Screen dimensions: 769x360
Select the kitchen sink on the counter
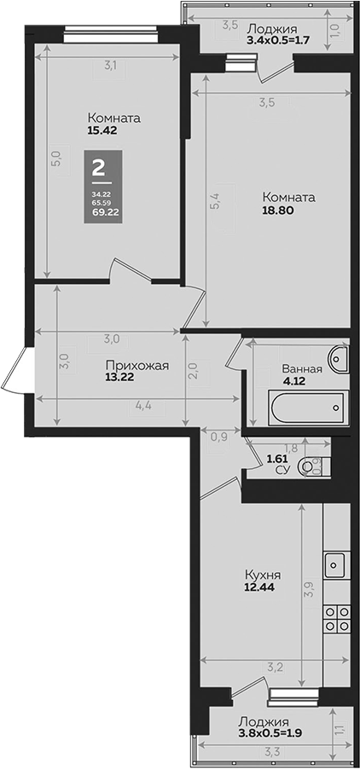pyautogui.click(x=335, y=564)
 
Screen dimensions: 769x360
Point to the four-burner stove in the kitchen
pyautogui.click(x=335, y=617)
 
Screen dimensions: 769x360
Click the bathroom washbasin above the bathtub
pyautogui.click(x=340, y=358)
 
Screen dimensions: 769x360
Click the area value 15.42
pyautogui.click(x=102, y=131)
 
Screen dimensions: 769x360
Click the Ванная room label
pyautogui.click(x=302, y=369)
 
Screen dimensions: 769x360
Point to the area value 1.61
pyautogui.click(x=277, y=459)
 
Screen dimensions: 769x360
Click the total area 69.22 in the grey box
pyautogui.click(x=102, y=211)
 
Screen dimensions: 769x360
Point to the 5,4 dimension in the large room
pyautogui.click(x=215, y=204)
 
